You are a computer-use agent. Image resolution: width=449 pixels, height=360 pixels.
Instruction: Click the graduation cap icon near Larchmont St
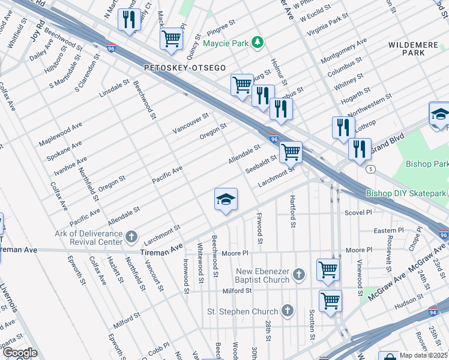coord(226,200)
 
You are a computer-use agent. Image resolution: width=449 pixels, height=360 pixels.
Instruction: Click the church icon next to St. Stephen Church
coord(288,311)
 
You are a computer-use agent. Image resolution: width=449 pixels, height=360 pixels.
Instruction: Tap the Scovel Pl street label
coord(359,212)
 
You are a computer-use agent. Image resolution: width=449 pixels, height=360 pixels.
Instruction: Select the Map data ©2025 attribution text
coord(423,355)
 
